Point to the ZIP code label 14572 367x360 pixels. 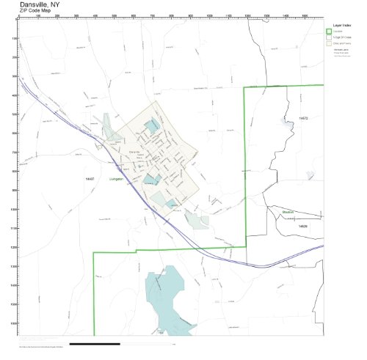[x=303, y=117]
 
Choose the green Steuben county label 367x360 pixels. [x=288, y=210]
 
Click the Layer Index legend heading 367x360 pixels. [x=340, y=24]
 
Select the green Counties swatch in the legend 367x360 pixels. [x=330, y=32]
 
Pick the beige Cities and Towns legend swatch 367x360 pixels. [x=330, y=43]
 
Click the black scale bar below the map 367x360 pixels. [x=95, y=343]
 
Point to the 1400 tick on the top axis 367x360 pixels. [x=284, y=15]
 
